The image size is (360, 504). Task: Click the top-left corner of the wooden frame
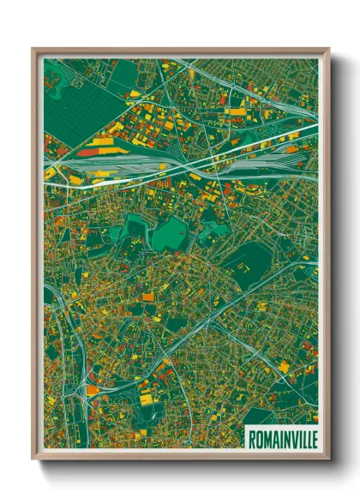tap(33, 50)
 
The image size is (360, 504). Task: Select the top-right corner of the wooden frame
tap(328, 50)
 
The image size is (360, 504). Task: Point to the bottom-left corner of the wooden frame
tap(33, 459)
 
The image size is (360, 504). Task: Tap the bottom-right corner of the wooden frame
tap(328, 459)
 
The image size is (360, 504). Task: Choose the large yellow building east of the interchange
tap(146, 396)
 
